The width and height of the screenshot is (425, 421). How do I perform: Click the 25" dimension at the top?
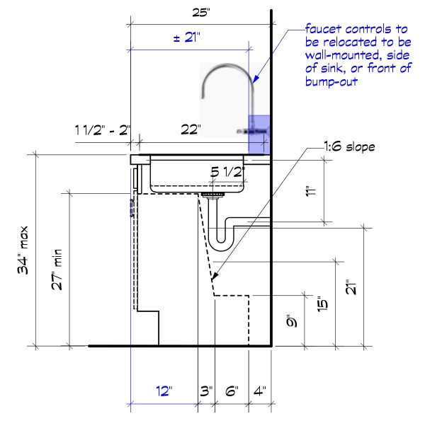[202, 12]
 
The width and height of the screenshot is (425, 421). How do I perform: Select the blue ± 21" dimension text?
[187, 38]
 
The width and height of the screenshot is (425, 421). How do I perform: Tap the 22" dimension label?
[190, 129]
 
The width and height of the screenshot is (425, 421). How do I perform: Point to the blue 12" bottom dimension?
[164, 391]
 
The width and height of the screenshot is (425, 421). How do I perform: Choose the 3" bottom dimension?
[206, 391]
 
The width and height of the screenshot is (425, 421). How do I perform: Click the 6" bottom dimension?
[232, 391]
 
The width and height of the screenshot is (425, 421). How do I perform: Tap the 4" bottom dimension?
[259, 391]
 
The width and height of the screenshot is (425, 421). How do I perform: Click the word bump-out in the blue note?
[331, 81]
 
